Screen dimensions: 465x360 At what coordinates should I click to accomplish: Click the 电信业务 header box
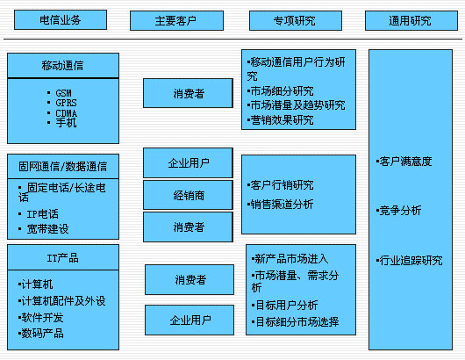tap(61, 20)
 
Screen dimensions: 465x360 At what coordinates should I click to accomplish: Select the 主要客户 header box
tap(176, 21)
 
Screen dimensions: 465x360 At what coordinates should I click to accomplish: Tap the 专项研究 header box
tap(296, 21)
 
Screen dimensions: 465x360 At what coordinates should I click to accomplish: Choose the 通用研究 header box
tap(411, 21)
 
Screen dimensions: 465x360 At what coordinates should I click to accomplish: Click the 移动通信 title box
tap(63, 66)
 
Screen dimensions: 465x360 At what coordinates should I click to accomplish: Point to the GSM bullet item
tap(60, 93)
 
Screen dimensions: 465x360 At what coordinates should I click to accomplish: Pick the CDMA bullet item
tap(62, 113)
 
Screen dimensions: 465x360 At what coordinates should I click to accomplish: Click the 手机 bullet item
tap(62, 123)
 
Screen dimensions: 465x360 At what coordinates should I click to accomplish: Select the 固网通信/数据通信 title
tap(62, 166)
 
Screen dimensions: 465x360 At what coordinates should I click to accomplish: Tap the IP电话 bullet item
tap(39, 214)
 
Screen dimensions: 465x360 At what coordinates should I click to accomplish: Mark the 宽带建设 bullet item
tap(43, 229)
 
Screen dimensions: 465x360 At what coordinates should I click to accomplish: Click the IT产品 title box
tap(63, 257)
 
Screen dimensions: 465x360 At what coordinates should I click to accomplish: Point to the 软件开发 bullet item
tap(40, 318)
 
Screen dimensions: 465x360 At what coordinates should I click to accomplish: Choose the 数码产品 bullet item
tap(40, 334)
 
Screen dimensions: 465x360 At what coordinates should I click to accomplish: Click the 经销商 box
tap(188, 195)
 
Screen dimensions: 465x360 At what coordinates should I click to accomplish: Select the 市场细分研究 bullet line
tap(280, 91)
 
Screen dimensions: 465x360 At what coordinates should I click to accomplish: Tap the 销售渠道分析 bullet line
tap(280, 205)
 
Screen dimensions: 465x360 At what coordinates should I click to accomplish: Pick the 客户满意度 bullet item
tap(404, 162)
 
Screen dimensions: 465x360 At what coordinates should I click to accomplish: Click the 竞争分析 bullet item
tap(398, 211)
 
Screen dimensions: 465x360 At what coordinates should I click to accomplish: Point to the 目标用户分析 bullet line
tap(284, 305)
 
